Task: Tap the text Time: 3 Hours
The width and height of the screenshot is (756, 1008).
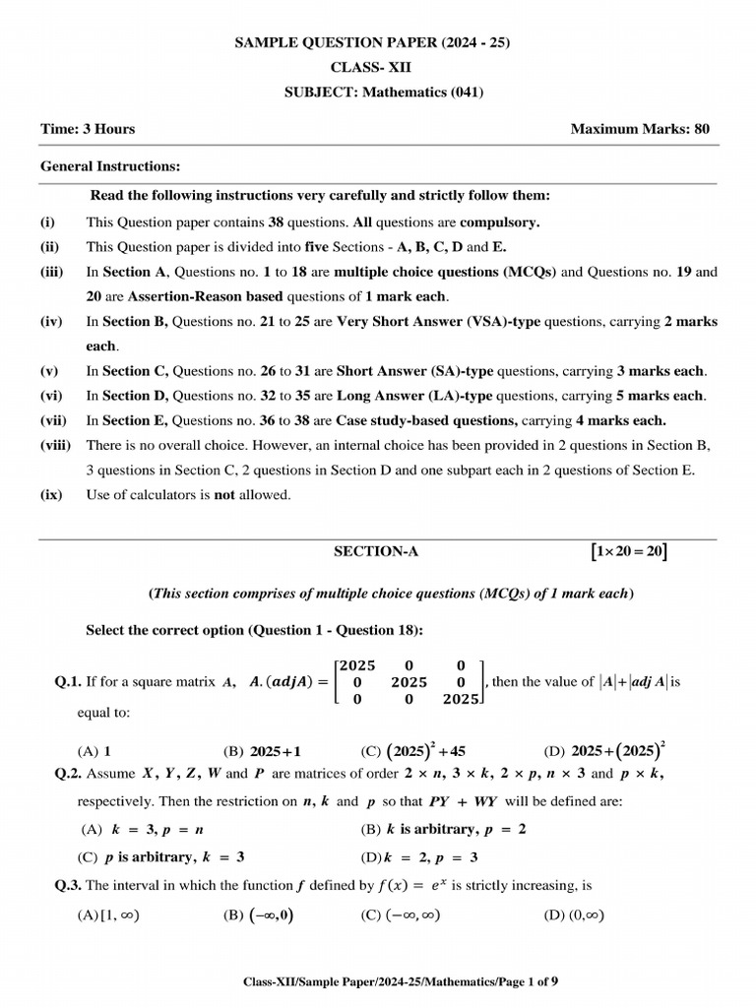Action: tap(88, 129)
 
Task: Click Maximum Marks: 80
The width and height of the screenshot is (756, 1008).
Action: tap(640, 129)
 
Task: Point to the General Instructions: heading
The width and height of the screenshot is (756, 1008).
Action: tap(110, 166)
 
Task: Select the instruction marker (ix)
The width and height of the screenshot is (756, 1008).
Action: tap(51, 495)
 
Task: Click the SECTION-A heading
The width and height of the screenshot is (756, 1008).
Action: tap(377, 552)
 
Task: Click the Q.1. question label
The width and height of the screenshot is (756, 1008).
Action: tap(68, 681)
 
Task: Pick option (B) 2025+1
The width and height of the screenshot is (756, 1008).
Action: tap(260, 751)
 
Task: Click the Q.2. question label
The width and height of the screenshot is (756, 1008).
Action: tap(68, 774)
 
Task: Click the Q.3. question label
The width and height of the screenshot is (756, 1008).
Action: tap(68, 885)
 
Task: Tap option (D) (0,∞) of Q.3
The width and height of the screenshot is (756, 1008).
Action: tap(573, 914)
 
